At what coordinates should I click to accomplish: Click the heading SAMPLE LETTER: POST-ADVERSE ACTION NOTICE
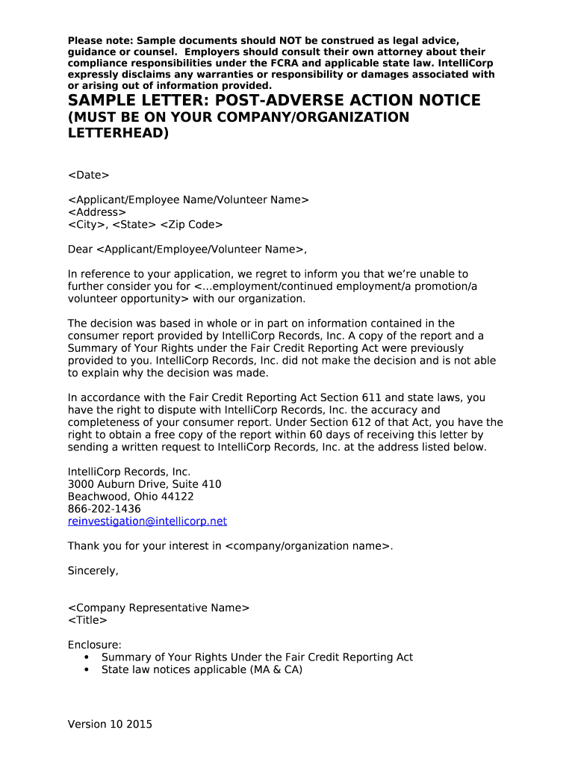point(274,101)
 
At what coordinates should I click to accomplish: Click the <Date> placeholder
point(88,175)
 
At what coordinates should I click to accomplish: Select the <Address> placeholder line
point(97,212)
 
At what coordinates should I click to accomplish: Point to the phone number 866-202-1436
point(104,509)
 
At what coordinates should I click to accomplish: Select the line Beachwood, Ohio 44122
point(131,496)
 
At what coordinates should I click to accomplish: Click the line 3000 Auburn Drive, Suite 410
point(144,484)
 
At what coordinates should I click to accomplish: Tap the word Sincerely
point(93,571)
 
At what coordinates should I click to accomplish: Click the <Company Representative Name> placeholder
point(158,608)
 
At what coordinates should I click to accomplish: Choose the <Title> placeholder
point(87,620)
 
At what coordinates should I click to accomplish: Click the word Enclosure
point(94,645)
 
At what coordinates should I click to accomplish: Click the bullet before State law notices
point(87,670)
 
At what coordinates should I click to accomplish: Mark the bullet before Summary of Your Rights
point(87,657)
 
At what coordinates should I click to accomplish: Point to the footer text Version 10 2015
point(110,724)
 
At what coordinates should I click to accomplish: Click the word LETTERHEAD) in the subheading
point(118,134)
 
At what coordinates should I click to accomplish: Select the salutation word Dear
point(80,249)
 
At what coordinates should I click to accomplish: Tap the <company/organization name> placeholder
point(308,546)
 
